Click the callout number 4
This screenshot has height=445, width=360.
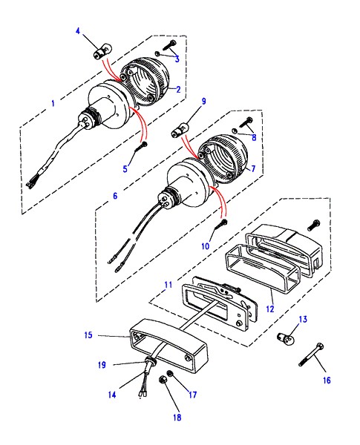click(x=78, y=31)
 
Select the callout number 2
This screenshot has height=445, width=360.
click(x=178, y=90)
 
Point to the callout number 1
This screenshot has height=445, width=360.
click(x=53, y=103)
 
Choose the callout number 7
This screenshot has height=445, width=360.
click(x=253, y=168)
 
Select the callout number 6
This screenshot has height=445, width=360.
click(x=115, y=196)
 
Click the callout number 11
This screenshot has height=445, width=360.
click(x=168, y=284)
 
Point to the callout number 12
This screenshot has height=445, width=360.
click(x=270, y=309)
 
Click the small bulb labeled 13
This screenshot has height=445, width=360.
click(x=284, y=337)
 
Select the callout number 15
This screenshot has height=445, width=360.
click(x=88, y=335)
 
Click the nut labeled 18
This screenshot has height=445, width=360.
click(x=163, y=379)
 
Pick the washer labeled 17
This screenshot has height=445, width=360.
click(x=170, y=374)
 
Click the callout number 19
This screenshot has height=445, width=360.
click(x=102, y=365)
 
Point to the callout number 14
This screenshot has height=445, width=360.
click(x=112, y=395)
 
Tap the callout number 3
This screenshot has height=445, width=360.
click(x=177, y=59)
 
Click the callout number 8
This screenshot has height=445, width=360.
click(x=254, y=137)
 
